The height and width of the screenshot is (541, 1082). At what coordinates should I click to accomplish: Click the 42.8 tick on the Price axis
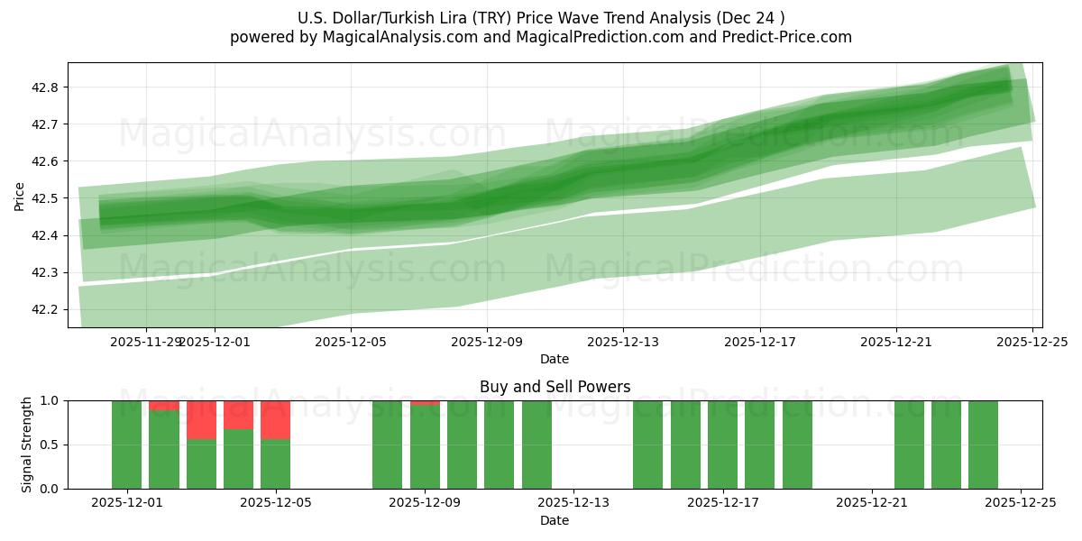(x=46, y=87)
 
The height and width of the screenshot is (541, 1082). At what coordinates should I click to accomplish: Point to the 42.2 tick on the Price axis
(x=46, y=309)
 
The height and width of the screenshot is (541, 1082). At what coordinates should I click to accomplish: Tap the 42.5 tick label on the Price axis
(x=46, y=198)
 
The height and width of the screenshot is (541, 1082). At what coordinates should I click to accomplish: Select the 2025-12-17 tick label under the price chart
(x=759, y=343)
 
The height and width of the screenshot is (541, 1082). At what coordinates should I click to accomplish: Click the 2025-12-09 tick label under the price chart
(x=487, y=343)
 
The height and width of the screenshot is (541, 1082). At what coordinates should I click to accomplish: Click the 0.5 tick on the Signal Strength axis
(x=50, y=445)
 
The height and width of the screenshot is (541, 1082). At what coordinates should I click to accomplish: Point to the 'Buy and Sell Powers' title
(x=555, y=387)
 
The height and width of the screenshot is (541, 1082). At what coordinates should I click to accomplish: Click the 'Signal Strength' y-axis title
(x=26, y=445)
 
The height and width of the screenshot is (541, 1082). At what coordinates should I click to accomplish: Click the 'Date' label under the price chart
(x=555, y=359)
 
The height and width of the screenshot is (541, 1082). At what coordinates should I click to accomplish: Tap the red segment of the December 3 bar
(x=201, y=419)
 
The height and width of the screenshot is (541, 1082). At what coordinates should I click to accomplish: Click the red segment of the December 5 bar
(x=275, y=419)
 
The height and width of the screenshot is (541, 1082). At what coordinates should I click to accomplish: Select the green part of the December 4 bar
(x=238, y=460)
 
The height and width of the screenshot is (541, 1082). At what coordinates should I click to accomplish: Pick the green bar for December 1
(x=126, y=445)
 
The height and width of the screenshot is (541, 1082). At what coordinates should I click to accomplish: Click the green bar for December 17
(x=722, y=445)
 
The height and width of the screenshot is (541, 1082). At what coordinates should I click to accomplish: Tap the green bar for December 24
(x=983, y=445)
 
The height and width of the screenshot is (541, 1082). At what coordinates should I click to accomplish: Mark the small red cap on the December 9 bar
(x=425, y=402)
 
